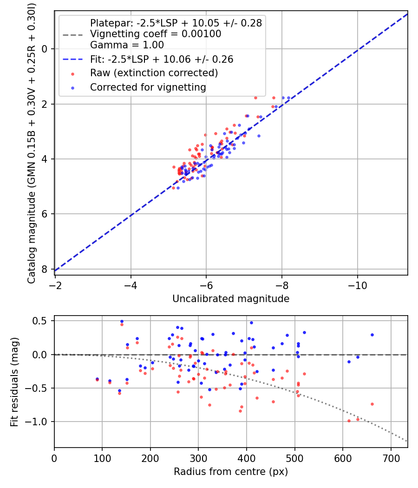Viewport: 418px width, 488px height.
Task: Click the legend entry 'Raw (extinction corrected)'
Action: tap(154, 73)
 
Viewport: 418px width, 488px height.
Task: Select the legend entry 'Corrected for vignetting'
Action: tap(148, 87)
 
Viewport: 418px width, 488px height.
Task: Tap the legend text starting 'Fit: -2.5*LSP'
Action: tap(162, 59)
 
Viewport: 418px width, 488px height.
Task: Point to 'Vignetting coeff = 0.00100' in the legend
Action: tap(156, 34)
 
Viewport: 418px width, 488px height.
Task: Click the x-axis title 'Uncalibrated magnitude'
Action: tap(231, 299)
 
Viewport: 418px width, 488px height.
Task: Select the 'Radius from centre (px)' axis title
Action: tap(231, 472)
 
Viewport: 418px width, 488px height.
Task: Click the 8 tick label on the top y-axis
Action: tap(44, 269)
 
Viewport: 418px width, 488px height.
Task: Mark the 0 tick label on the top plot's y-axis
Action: tap(44, 49)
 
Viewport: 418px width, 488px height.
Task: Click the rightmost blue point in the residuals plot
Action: tap(372, 335)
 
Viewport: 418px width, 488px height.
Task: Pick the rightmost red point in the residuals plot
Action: tap(372, 404)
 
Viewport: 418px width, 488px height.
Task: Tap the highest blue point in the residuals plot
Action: tap(122, 321)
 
